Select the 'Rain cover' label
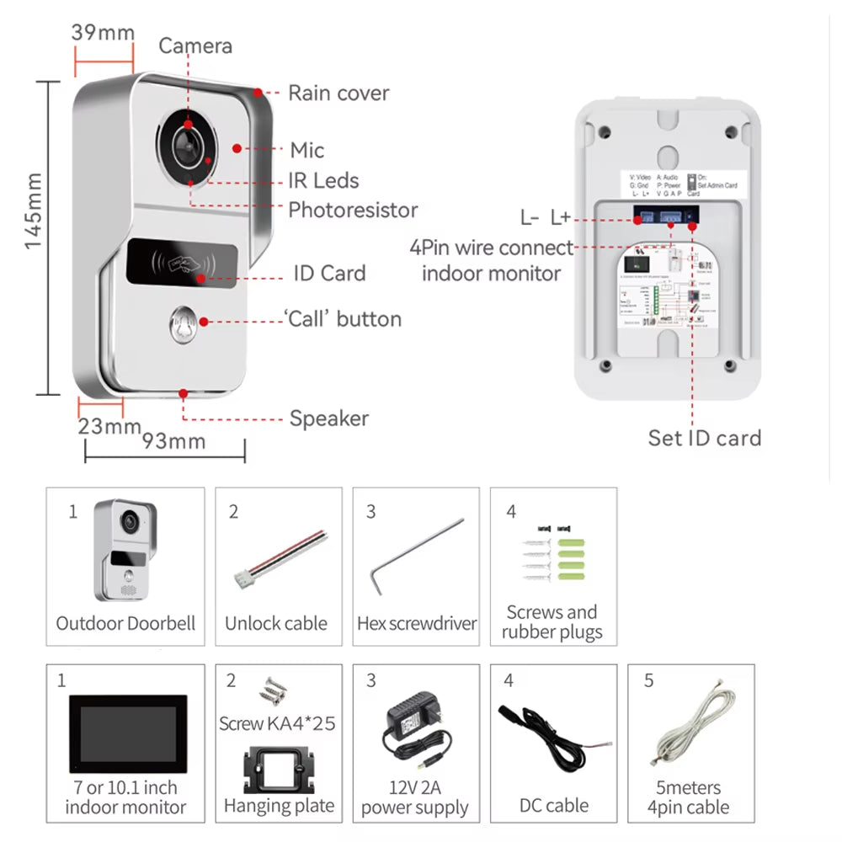(x=338, y=93)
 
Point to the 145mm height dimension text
(x=33, y=211)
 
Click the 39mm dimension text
(x=104, y=33)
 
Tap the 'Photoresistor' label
(x=353, y=210)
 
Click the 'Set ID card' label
(x=704, y=438)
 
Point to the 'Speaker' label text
(x=329, y=418)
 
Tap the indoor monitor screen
(x=127, y=733)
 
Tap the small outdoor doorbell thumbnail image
(x=125, y=551)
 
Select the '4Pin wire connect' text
(x=491, y=248)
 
